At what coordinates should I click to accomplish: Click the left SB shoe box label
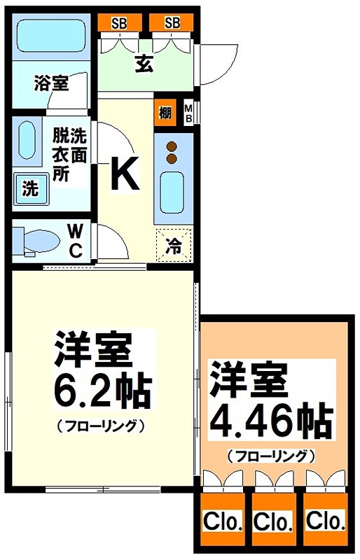(x=118, y=22)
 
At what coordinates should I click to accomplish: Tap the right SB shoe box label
(x=172, y=22)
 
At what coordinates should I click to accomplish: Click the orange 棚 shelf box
(x=165, y=113)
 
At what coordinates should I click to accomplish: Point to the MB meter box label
(x=188, y=113)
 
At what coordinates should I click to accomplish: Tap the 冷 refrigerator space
(x=173, y=246)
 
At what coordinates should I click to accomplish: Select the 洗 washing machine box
(x=30, y=188)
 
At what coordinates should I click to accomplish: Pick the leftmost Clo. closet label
(x=223, y=521)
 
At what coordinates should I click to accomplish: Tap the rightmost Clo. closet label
(x=325, y=521)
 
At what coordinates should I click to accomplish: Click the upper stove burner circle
(x=171, y=146)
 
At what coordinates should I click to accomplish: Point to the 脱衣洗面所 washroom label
(x=69, y=153)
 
